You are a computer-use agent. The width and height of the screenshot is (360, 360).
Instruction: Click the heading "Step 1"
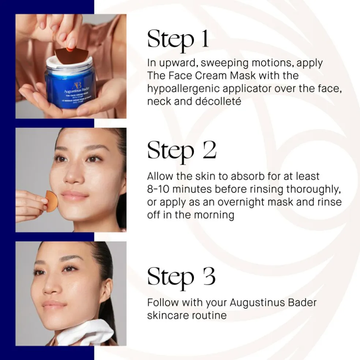click(178, 39)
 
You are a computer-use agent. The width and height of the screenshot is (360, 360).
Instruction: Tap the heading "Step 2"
click(181, 150)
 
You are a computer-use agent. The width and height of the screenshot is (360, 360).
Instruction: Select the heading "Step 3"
click(181, 277)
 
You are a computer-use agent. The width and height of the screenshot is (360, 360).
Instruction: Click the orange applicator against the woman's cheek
click(52, 201)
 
